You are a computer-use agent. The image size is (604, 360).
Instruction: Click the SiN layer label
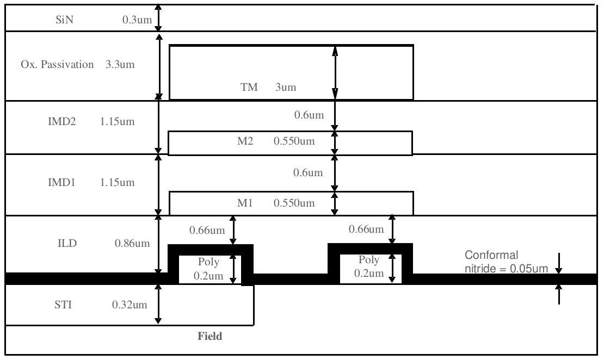click(x=63, y=21)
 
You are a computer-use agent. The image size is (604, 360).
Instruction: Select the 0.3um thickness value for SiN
click(x=134, y=21)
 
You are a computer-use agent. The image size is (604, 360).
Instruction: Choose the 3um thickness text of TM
click(x=286, y=88)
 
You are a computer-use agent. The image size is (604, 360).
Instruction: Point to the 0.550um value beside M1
click(x=294, y=203)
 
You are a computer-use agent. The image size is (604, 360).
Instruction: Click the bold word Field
click(x=210, y=337)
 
